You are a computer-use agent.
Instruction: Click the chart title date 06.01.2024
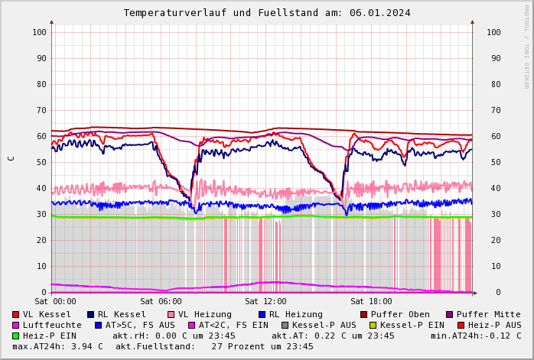(x=380, y=13)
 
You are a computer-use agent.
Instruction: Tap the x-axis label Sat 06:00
(x=161, y=302)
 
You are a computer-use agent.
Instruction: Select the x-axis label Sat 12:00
(x=265, y=302)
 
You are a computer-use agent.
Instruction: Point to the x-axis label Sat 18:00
(x=371, y=302)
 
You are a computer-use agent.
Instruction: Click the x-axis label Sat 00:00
(x=55, y=302)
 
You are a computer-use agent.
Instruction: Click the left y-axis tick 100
(x=39, y=32)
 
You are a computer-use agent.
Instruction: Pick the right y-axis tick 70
(x=493, y=110)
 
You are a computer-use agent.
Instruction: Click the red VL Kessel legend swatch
(x=15, y=314)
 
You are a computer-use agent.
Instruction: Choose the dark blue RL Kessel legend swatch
(x=90, y=314)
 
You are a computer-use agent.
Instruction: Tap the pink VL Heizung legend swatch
(x=171, y=314)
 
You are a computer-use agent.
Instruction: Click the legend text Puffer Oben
(x=399, y=314)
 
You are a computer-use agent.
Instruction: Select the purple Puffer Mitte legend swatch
(x=450, y=314)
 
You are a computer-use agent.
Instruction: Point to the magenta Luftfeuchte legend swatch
(x=15, y=325)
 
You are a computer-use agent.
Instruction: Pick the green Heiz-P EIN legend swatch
(x=15, y=336)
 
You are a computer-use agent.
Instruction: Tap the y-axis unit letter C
(x=11, y=158)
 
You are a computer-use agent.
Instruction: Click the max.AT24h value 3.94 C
(x=86, y=346)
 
